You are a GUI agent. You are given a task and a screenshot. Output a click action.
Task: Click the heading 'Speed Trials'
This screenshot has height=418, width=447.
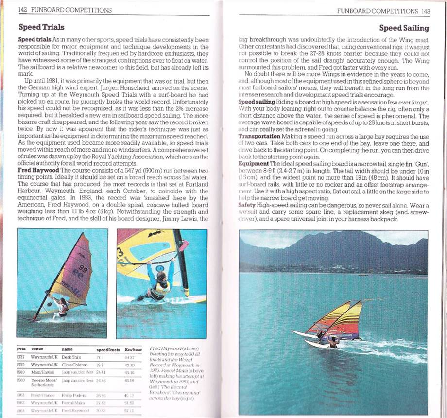41,27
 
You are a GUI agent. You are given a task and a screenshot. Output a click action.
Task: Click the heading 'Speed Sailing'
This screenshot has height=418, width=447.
404,28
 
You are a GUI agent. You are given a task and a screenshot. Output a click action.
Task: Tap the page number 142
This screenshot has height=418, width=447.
22,10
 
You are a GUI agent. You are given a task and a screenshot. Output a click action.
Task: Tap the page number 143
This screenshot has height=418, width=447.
426,10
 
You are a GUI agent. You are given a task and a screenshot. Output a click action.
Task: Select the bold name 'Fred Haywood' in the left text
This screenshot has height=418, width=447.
38,170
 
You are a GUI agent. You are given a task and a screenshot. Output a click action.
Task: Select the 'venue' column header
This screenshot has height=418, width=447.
37,349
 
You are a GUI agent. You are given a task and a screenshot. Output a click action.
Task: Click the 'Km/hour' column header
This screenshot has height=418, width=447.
133,349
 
